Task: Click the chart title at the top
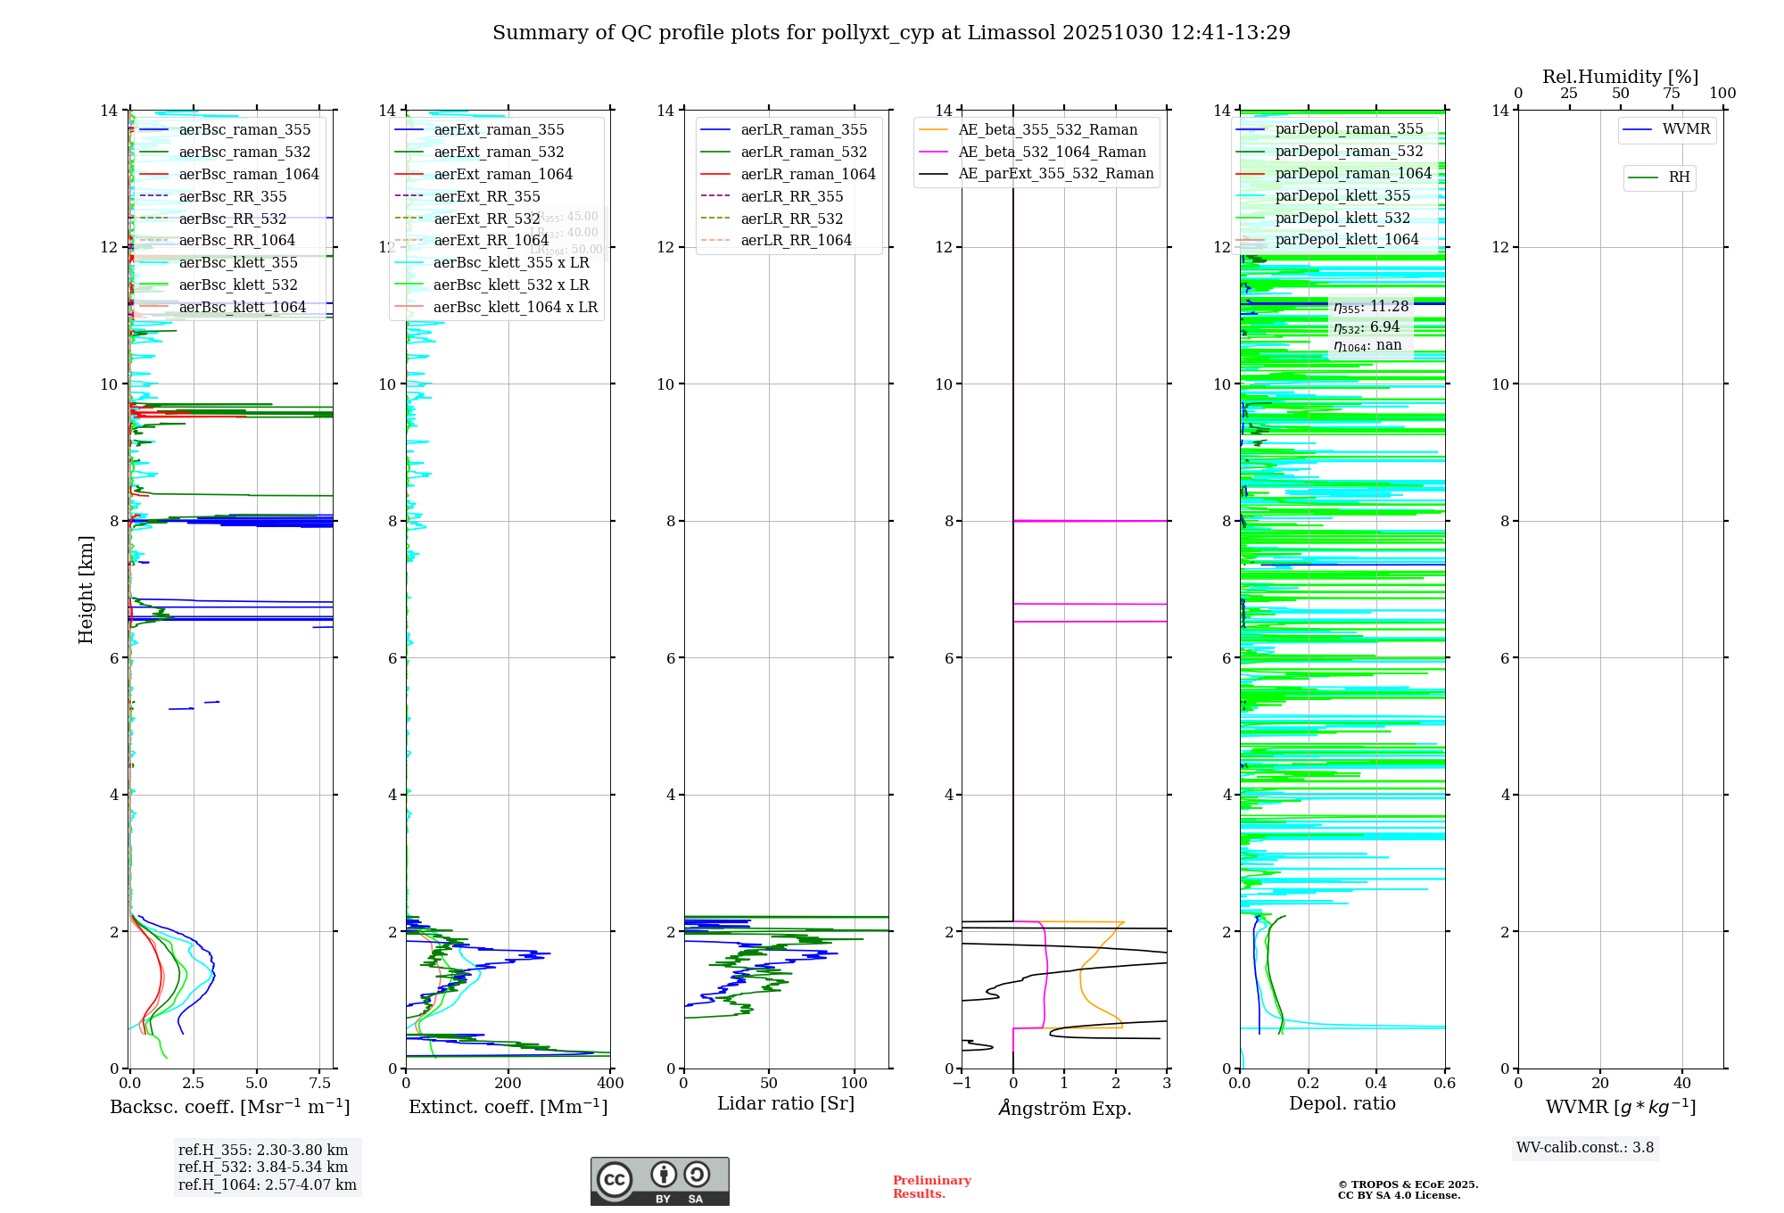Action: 891,33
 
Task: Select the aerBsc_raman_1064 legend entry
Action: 248,174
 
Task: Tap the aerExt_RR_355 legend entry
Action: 486,196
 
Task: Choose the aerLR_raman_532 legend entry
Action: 804,152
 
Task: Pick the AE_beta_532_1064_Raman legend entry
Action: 1052,152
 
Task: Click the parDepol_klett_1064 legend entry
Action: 1346,239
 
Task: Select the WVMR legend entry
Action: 1685,129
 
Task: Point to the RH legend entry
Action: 1679,177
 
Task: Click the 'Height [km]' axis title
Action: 86,589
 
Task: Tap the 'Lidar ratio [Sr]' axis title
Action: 785,1104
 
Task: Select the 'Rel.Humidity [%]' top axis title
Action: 1620,77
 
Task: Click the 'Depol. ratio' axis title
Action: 1342,1104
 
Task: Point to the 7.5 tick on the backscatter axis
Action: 320,1084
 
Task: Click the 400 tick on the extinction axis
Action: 610,1084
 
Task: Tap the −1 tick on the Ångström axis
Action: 962,1084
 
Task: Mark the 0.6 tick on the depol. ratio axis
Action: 1444,1084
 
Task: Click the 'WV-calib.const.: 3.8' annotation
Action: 1585,1148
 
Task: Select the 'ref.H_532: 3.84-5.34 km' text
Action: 263,1168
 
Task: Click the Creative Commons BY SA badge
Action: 659,1181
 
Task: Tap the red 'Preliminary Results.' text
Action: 931,1187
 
